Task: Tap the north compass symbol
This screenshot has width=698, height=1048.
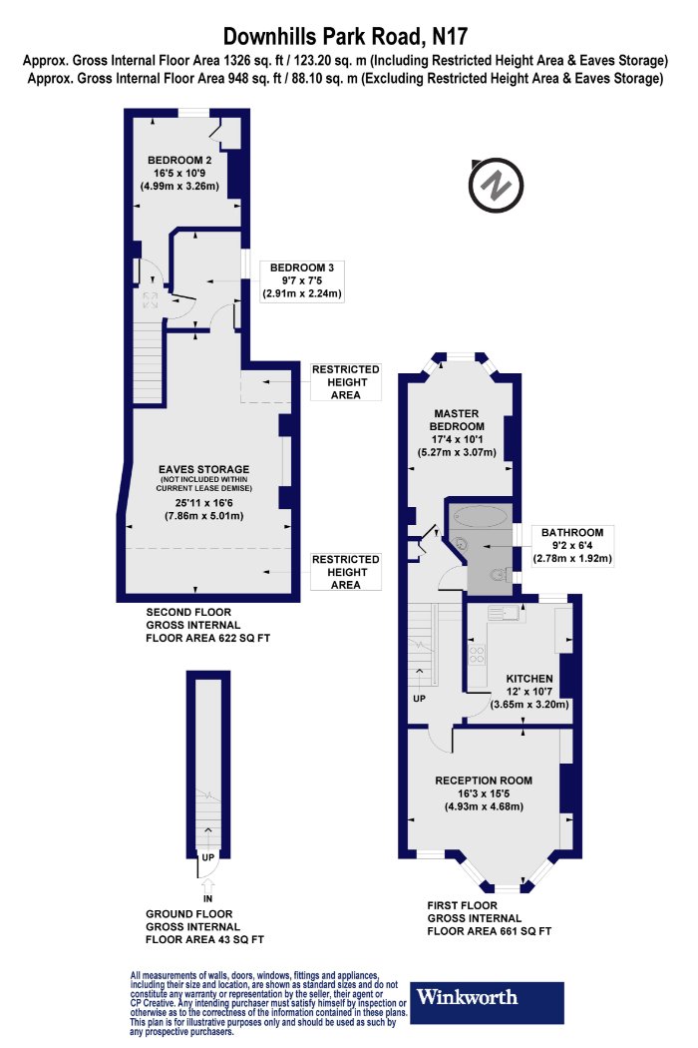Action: pyautogui.click(x=495, y=185)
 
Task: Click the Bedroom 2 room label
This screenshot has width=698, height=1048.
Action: pyautogui.click(x=179, y=173)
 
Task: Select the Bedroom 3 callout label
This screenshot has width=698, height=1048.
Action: pyautogui.click(x=302, y=280)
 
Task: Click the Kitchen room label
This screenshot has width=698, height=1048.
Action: pyautogui.click(x=529, y=691)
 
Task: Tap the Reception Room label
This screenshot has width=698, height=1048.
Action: pyautogui.click(x=484, y=793)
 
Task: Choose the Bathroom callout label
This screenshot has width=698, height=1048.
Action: pyautogui.click(x=572, y=545)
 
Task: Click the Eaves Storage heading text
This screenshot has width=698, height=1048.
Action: pyautogui.click(x=203, y=469)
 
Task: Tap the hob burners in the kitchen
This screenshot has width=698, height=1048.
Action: pyautogui.click(x=477, y=655)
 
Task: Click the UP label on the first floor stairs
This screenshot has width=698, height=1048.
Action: pyautogui.click(x=419, y=699)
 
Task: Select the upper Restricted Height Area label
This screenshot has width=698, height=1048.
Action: pyautogui.click(x=345, y=382)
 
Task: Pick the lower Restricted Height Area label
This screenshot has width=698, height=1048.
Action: pyautogui.click(x=345, y=572)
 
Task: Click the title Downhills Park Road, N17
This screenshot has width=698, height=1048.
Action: pyautogui.click(x=345, y=35)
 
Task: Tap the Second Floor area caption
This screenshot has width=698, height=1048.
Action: pyautogui.click(x=207, y=625)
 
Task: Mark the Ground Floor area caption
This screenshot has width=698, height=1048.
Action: pyautogui.click(x=204, y=926)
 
